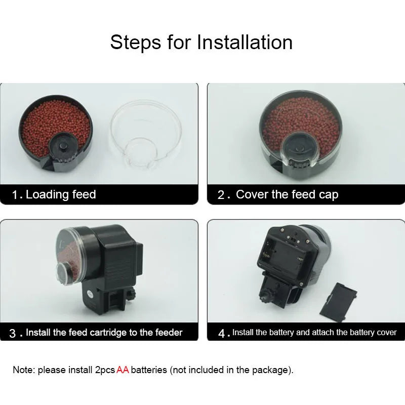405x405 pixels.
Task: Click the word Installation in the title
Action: (x=245, y=42)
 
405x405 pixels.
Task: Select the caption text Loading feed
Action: (x=61, y=194)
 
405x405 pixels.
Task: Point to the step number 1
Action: (x=16, y=195)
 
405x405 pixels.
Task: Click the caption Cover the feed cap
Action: (x=287, y=194)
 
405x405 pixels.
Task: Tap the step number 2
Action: (x=221, y=195)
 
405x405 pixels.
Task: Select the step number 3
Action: (x=13, y=333)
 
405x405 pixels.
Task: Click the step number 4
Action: (x=221, y=333)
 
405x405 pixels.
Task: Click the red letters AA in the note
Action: (x=123, y=370)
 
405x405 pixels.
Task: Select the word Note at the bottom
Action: (x=23, y=370)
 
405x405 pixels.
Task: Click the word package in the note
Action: (x=273, y=370)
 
